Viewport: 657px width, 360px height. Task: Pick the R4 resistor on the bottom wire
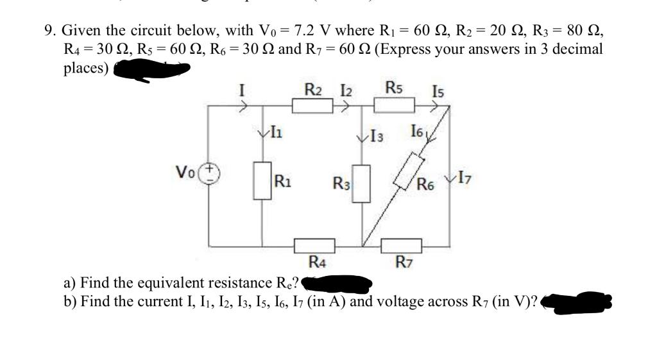pos(314,246)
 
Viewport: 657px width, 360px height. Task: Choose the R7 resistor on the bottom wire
pos(402,246)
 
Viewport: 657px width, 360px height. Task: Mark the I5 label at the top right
pos(437,92)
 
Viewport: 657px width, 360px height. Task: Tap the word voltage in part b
pos(391,301)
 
